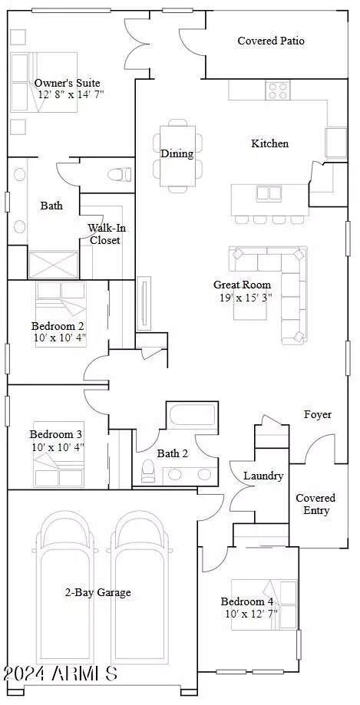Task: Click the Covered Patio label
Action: coord(271,41)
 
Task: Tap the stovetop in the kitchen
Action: coord(277,90)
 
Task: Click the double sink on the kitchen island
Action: coord(269,194)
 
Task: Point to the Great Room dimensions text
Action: coord(246,297)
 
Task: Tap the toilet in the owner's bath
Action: coord(121,173)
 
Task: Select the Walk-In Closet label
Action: coord(104,234)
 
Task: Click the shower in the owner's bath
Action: coord(53,265)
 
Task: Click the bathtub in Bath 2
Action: coord(193,417)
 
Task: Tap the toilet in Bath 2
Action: coord(147,471)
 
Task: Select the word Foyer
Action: coord(318,414)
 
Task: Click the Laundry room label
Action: coord(263,476)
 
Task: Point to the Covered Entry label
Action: coord(315,504)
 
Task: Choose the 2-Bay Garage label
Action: coord(98,592)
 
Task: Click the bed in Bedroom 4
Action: coord(265,605)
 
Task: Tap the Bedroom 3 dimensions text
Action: coord(58,447)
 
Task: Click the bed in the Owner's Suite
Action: coord(44,82)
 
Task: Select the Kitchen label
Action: coord(270,144)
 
